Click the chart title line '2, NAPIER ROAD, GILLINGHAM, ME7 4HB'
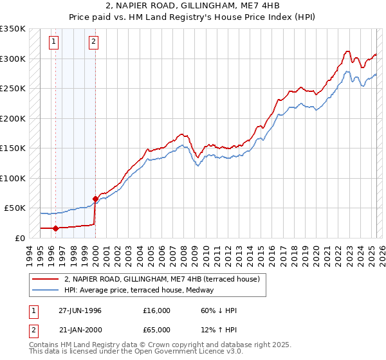[x=192, y=6]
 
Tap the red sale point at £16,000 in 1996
[x=56, y=228]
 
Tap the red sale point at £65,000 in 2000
[x=95, y=199]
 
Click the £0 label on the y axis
[x=19, y=238]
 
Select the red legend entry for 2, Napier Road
[x=161, y=279]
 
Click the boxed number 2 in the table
[x=33, y=330]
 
